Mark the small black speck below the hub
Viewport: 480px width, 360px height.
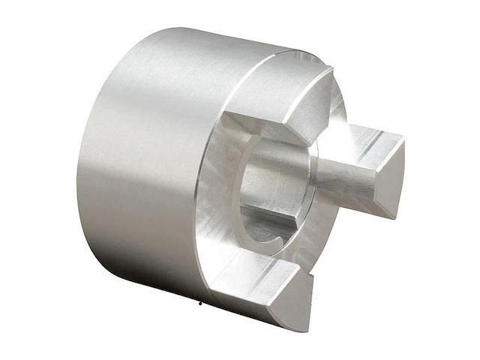click(x=200, y=304)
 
